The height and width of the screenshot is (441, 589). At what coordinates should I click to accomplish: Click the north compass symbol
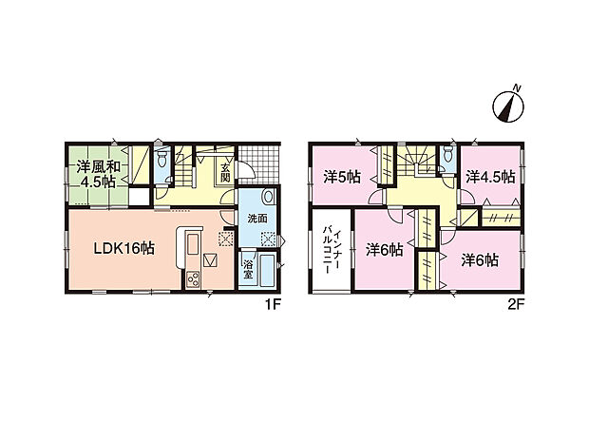[x=508, y=105]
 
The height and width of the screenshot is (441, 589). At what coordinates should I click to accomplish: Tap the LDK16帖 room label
[x=123, y=248]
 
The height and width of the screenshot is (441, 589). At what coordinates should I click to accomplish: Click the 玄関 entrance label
[x=224, y=172]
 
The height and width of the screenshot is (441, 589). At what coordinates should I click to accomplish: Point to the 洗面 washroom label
[x=257, y=219]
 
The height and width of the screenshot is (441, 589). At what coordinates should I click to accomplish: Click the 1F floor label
[x=273, y=305]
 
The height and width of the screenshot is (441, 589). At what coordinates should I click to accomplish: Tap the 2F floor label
[x=516, y=305]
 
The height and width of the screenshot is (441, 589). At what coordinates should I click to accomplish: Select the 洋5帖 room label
[x=342, y=177]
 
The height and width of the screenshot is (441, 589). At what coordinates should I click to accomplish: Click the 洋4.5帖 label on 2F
[x=490, y=177]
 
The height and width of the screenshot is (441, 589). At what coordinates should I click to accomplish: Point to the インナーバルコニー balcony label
[x=332, y=250]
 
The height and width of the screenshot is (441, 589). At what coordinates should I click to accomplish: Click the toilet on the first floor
[x=162, y=159]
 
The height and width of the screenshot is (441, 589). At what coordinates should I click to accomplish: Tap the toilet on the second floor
[x=447, y=153]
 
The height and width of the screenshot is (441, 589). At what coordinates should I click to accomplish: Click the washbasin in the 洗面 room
[x=269, y=196]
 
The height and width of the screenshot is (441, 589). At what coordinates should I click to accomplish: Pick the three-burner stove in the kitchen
[x=194, y=279]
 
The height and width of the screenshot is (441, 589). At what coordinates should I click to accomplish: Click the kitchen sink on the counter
[x=192, y=244]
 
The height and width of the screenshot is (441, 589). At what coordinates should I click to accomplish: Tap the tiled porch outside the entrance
[x=259, y=164]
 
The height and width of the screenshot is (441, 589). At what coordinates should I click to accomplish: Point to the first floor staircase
[x=183, y=165]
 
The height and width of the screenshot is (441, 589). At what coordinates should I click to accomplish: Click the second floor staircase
[x=416, y=160]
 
